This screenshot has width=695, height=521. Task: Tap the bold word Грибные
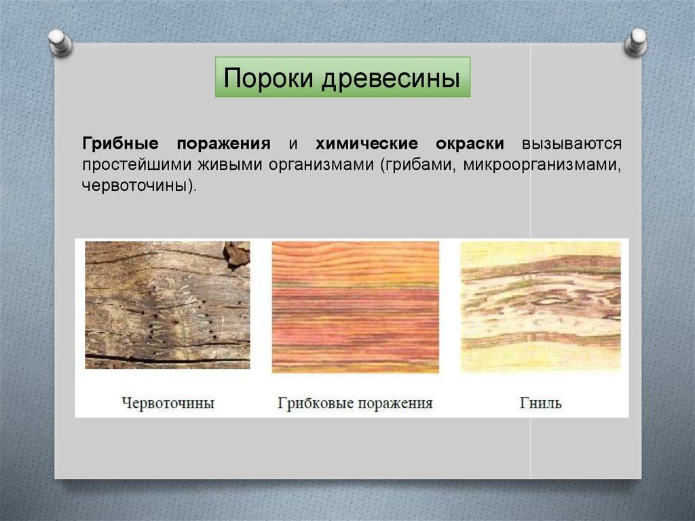click(x=120, y=143)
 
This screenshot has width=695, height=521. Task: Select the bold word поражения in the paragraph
click(x=223, y=144)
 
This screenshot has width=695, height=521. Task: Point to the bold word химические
click(x=367, y=143)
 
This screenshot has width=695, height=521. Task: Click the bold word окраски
click(x=470, y=144)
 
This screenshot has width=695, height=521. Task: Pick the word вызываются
click(x=571, y=143)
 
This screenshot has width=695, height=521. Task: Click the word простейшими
click(x=136, y=164)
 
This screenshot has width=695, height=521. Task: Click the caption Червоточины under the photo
click(x=168, y=403)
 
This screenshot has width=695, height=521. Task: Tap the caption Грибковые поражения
click(x=355, y=403)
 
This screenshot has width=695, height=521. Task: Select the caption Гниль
click(x=540, y=403)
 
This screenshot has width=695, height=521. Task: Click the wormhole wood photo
click(x=168, y=305)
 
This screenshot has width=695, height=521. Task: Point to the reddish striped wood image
click(x=356, y=306)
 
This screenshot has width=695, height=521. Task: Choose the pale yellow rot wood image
click(x=541, y=306)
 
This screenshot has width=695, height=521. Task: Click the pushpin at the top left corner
click(x=60, y=42)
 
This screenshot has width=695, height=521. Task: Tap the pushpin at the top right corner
click(x=636, y=42)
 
